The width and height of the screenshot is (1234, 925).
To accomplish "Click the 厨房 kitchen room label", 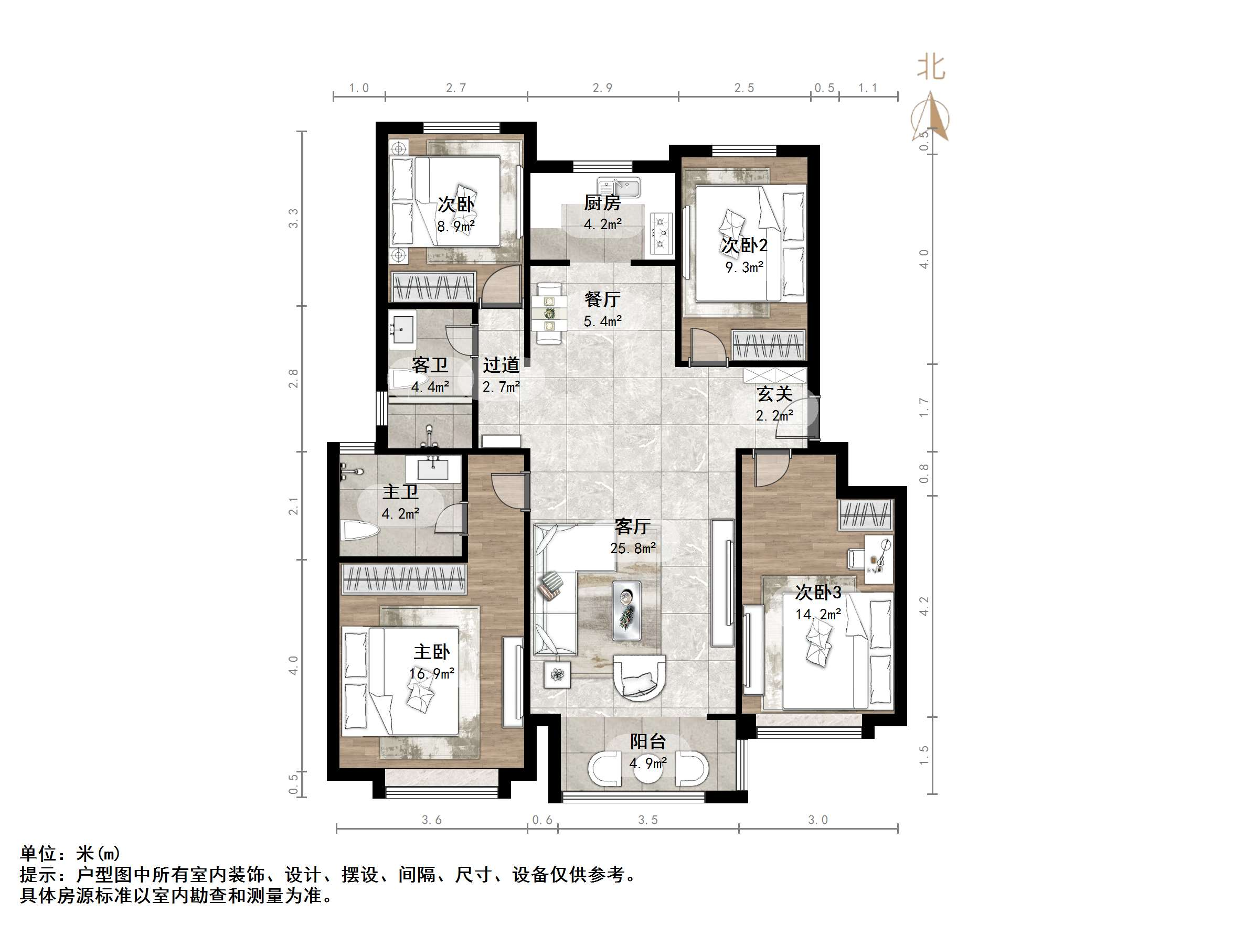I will click(x=602, y=203).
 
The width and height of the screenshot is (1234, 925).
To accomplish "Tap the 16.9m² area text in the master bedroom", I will click(x=431, y=674).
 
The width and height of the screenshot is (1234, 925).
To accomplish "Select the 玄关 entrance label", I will click(x=774, y=394).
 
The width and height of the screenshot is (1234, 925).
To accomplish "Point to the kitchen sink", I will click(x=619, y=188).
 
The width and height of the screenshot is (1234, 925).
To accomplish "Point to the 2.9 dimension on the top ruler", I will click(x=602, y=88).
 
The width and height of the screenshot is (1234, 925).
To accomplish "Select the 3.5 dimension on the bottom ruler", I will click(x=647, y=820).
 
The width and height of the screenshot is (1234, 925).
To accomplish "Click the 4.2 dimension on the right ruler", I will click(x=924, y=607).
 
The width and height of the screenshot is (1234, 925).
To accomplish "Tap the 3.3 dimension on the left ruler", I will click(x=293, y=218).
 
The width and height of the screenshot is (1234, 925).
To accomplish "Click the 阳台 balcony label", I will click(x=647, y=741).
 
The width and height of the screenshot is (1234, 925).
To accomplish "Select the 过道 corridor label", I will click(x=501, y=365).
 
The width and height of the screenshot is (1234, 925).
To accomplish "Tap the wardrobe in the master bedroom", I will click(x=403, y=578).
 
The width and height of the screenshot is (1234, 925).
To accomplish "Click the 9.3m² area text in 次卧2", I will click(x=744, y=267).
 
